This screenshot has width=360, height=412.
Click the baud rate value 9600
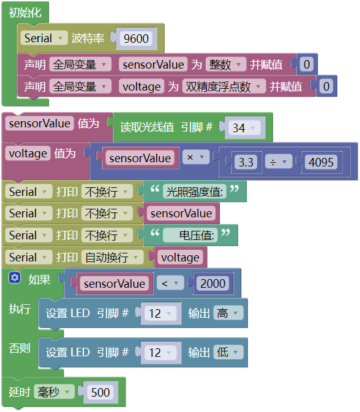pyautogui.click(x=136, y=39)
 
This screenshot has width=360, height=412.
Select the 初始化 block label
pyautogui.click(x=25, y=12)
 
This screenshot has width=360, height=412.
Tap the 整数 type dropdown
pyautogui.click(x=225, y=65)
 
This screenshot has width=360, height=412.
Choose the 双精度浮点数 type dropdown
pyautogui.click(x=223, y=87)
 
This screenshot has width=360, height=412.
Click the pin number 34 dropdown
pyautogui.click(x=244, y=128)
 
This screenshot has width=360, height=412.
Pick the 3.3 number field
pyautogui.click(x=246, y=162)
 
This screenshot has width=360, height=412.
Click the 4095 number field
pyautogui.click(x=321, y=162)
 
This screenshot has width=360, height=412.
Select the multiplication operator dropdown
pyautogui.click(x=196, y=157)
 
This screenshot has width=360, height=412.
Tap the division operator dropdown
pyautogui.click(x=279, y=162)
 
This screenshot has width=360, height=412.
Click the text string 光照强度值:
pyautogui.click(x=195, y=192)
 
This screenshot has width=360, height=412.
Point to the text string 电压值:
pyautogui.click(x=190, y=235)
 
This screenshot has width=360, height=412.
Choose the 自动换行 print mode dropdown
pyautogui.click(x=112, y=257)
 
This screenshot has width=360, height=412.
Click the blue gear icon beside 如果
pyautogui.click(x=15, y=278)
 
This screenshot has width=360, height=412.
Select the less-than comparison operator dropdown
pyautogui.click(x=170, y=283)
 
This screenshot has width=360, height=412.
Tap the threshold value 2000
pyautogui.click(x=213, y=283)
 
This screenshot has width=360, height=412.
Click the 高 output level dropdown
pyautogui.click(x=228, y=313)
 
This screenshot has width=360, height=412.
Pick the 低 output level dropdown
pyautogui.click(x=228, y=352)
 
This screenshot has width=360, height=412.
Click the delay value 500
pyautogui.click(x=100, y=392)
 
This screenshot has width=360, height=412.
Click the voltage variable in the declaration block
pyautogui.click(x=141, y=87)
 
